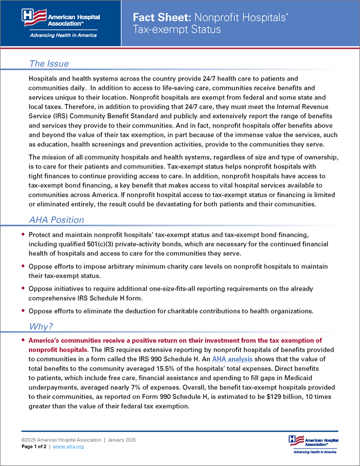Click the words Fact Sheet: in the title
pos(158,18)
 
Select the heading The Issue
pos(49,64)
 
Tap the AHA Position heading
pos(56,220)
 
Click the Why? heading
pos(41,327)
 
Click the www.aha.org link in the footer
pos(68,446)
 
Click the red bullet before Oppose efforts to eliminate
pos(23,311)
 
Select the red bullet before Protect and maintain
pos(23,235)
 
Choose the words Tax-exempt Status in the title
pos(177,29)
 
